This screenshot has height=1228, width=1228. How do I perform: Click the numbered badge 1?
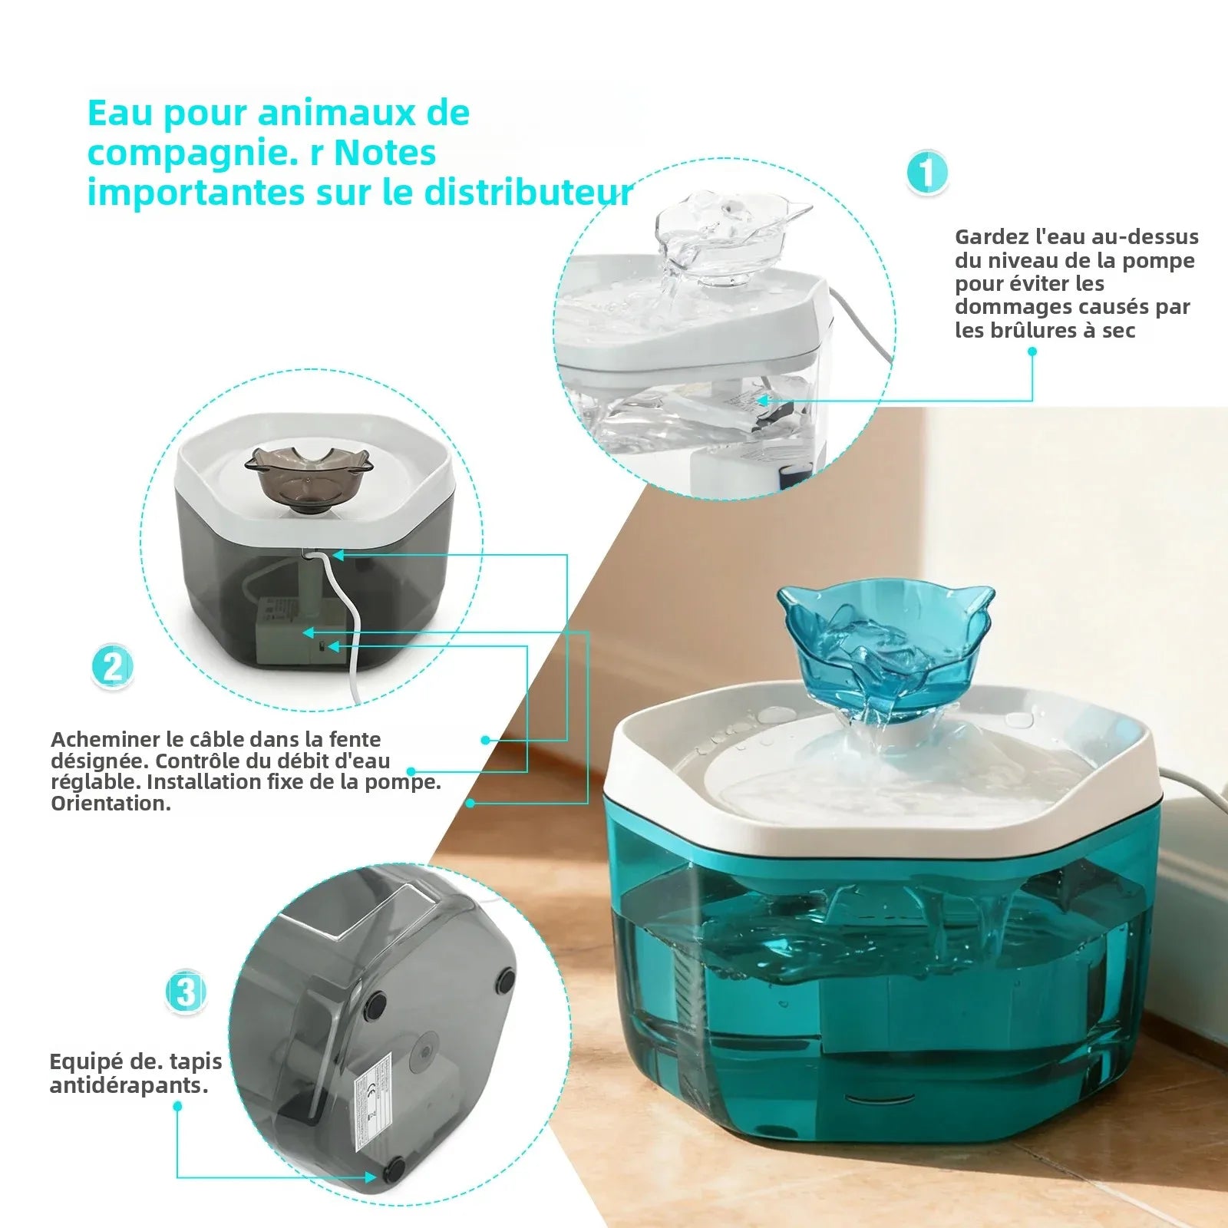pos(927,172)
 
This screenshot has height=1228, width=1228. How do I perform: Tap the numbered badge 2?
pos(113,665)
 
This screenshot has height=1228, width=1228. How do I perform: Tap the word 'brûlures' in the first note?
pos(1035,331)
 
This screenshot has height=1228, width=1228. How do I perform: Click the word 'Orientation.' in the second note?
pos(111,804)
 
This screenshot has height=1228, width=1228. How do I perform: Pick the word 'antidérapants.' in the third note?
pos(129,1085)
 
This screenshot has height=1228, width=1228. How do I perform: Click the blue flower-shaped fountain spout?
pos(886,645)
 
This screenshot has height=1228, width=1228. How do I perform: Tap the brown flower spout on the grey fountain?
pos(307,479)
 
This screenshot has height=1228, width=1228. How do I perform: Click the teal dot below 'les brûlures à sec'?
pos(1032,352)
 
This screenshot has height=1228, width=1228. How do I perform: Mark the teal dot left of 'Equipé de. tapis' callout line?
pos(177,1106)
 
